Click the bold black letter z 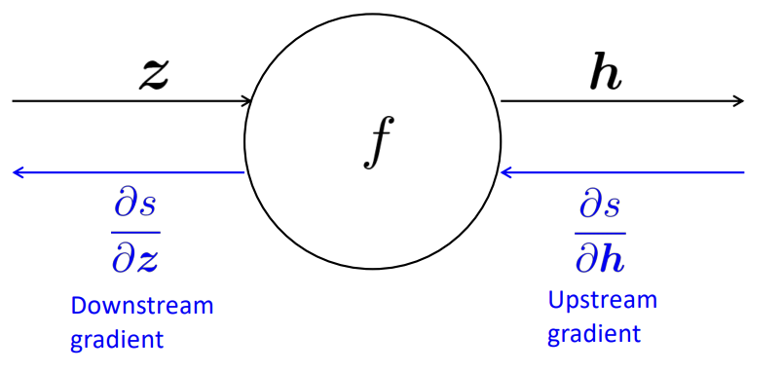pos(151,75)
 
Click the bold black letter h pos(606,75)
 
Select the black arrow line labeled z pos(127,100)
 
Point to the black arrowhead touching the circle pos(247,100)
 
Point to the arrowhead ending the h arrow pos(738,100)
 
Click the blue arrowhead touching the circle pos(505,172)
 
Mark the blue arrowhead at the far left pos(18,172)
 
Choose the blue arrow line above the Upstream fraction pos(623,172)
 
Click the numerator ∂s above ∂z pos(134,206)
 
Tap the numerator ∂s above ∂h pos(599,206)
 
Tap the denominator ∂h pos(599,256)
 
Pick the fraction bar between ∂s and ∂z pos(134,231)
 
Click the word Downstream pos(141,306)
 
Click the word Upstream pos(602,300)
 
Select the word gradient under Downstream pos(118,341)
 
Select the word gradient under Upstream pos(594,334)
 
